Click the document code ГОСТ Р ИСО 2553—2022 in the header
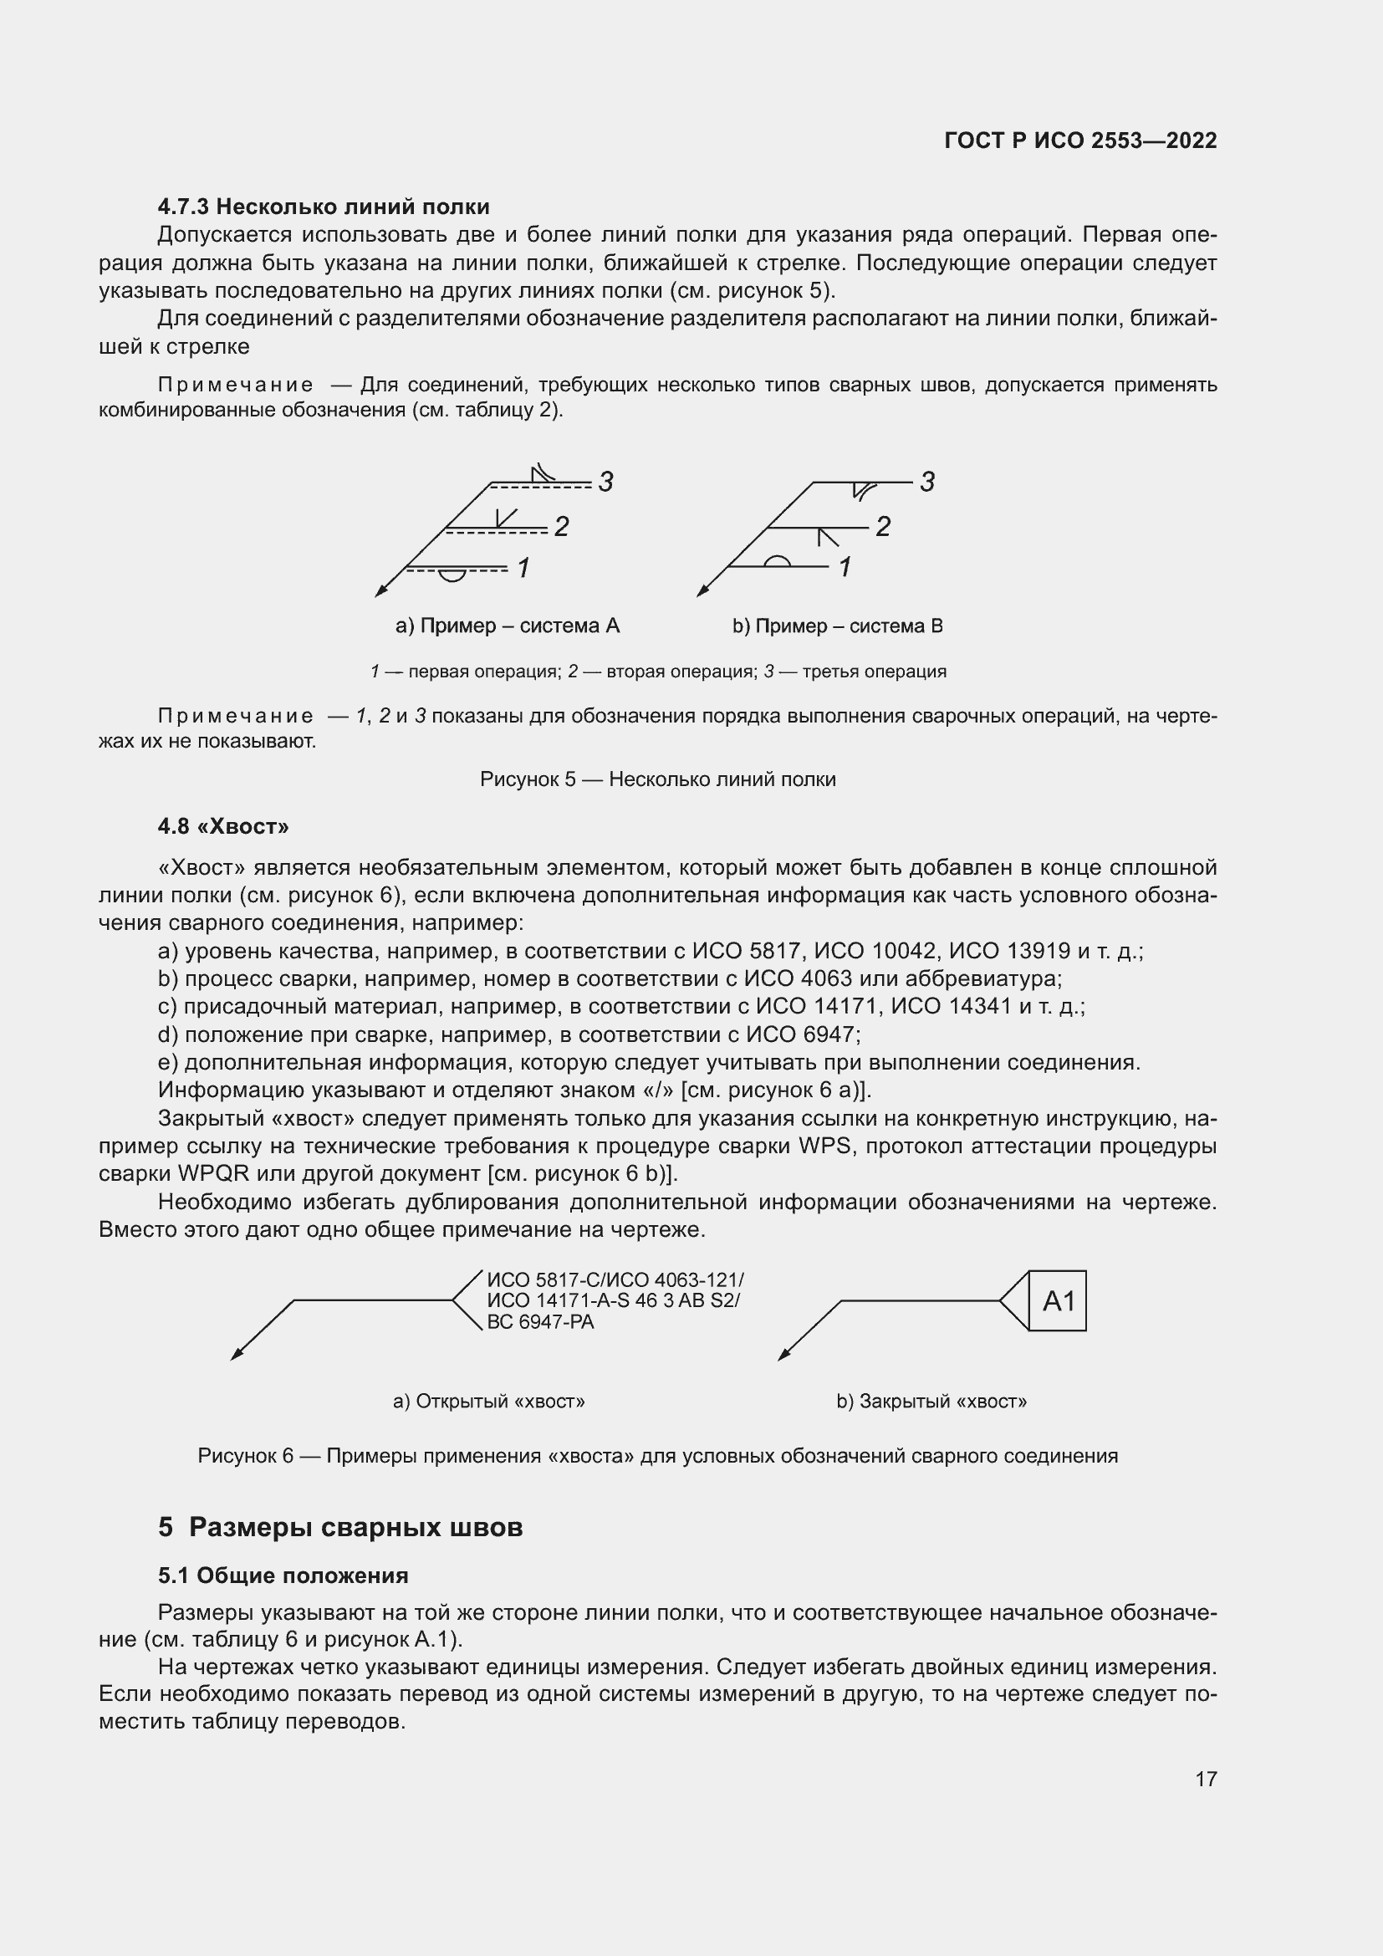pos(1079,140)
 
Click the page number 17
pos(1206,1779)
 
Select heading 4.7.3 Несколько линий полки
pos(323,207)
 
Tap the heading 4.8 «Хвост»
pos(223,826)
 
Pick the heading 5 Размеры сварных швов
pos(339,1528)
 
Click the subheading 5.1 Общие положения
pos(283,1576)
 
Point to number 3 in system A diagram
pos(605,483)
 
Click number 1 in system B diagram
pos(845,567)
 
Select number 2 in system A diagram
pos(561,527)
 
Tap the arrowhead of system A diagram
pos(380,591)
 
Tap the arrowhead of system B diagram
pos(702,591)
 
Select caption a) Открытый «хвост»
pos(489,1402)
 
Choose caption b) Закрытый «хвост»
pos(931,1402)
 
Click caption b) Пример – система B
pos(837,626)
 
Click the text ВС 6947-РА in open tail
pos(540,1322)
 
